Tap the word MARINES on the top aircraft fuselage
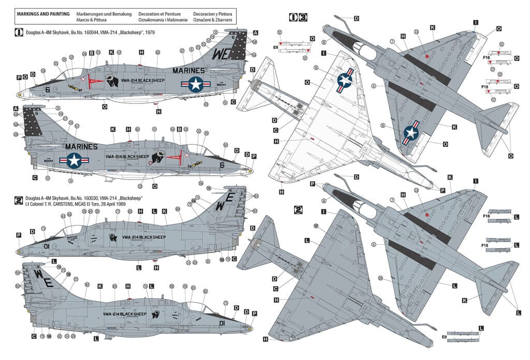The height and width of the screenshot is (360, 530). [188, 71]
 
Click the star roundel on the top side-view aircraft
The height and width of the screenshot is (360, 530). [195, 84]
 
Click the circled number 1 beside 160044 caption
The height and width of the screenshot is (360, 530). [19, 33]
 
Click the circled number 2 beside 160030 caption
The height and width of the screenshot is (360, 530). [19, 199]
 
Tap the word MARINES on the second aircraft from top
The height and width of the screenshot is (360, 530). [81, 147]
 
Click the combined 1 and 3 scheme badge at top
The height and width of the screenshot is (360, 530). [298, 17]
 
